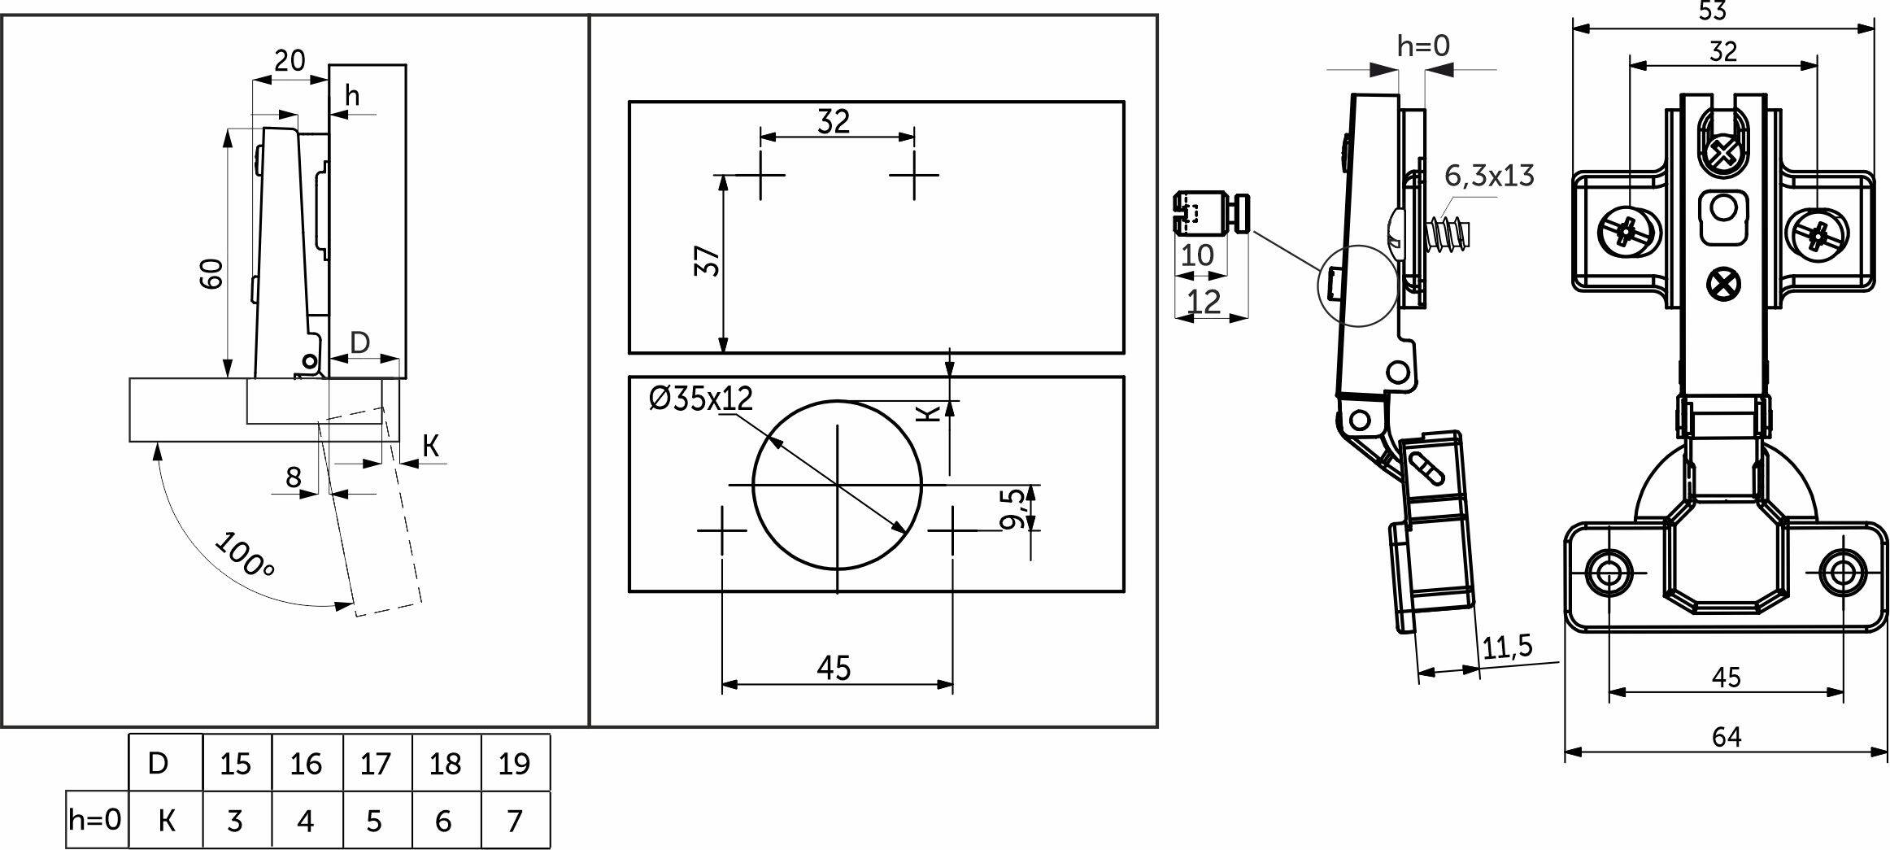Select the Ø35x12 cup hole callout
click(701, 398)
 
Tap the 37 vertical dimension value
click(708, 261)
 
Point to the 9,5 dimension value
click(1012, 508)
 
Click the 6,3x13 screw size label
click(1489, 176)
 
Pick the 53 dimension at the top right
click(1722, 11)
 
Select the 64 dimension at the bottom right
click(1726, 736)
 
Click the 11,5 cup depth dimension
click(1507, 647)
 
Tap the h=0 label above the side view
click(1423, 46)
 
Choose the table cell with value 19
click(515, 763)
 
